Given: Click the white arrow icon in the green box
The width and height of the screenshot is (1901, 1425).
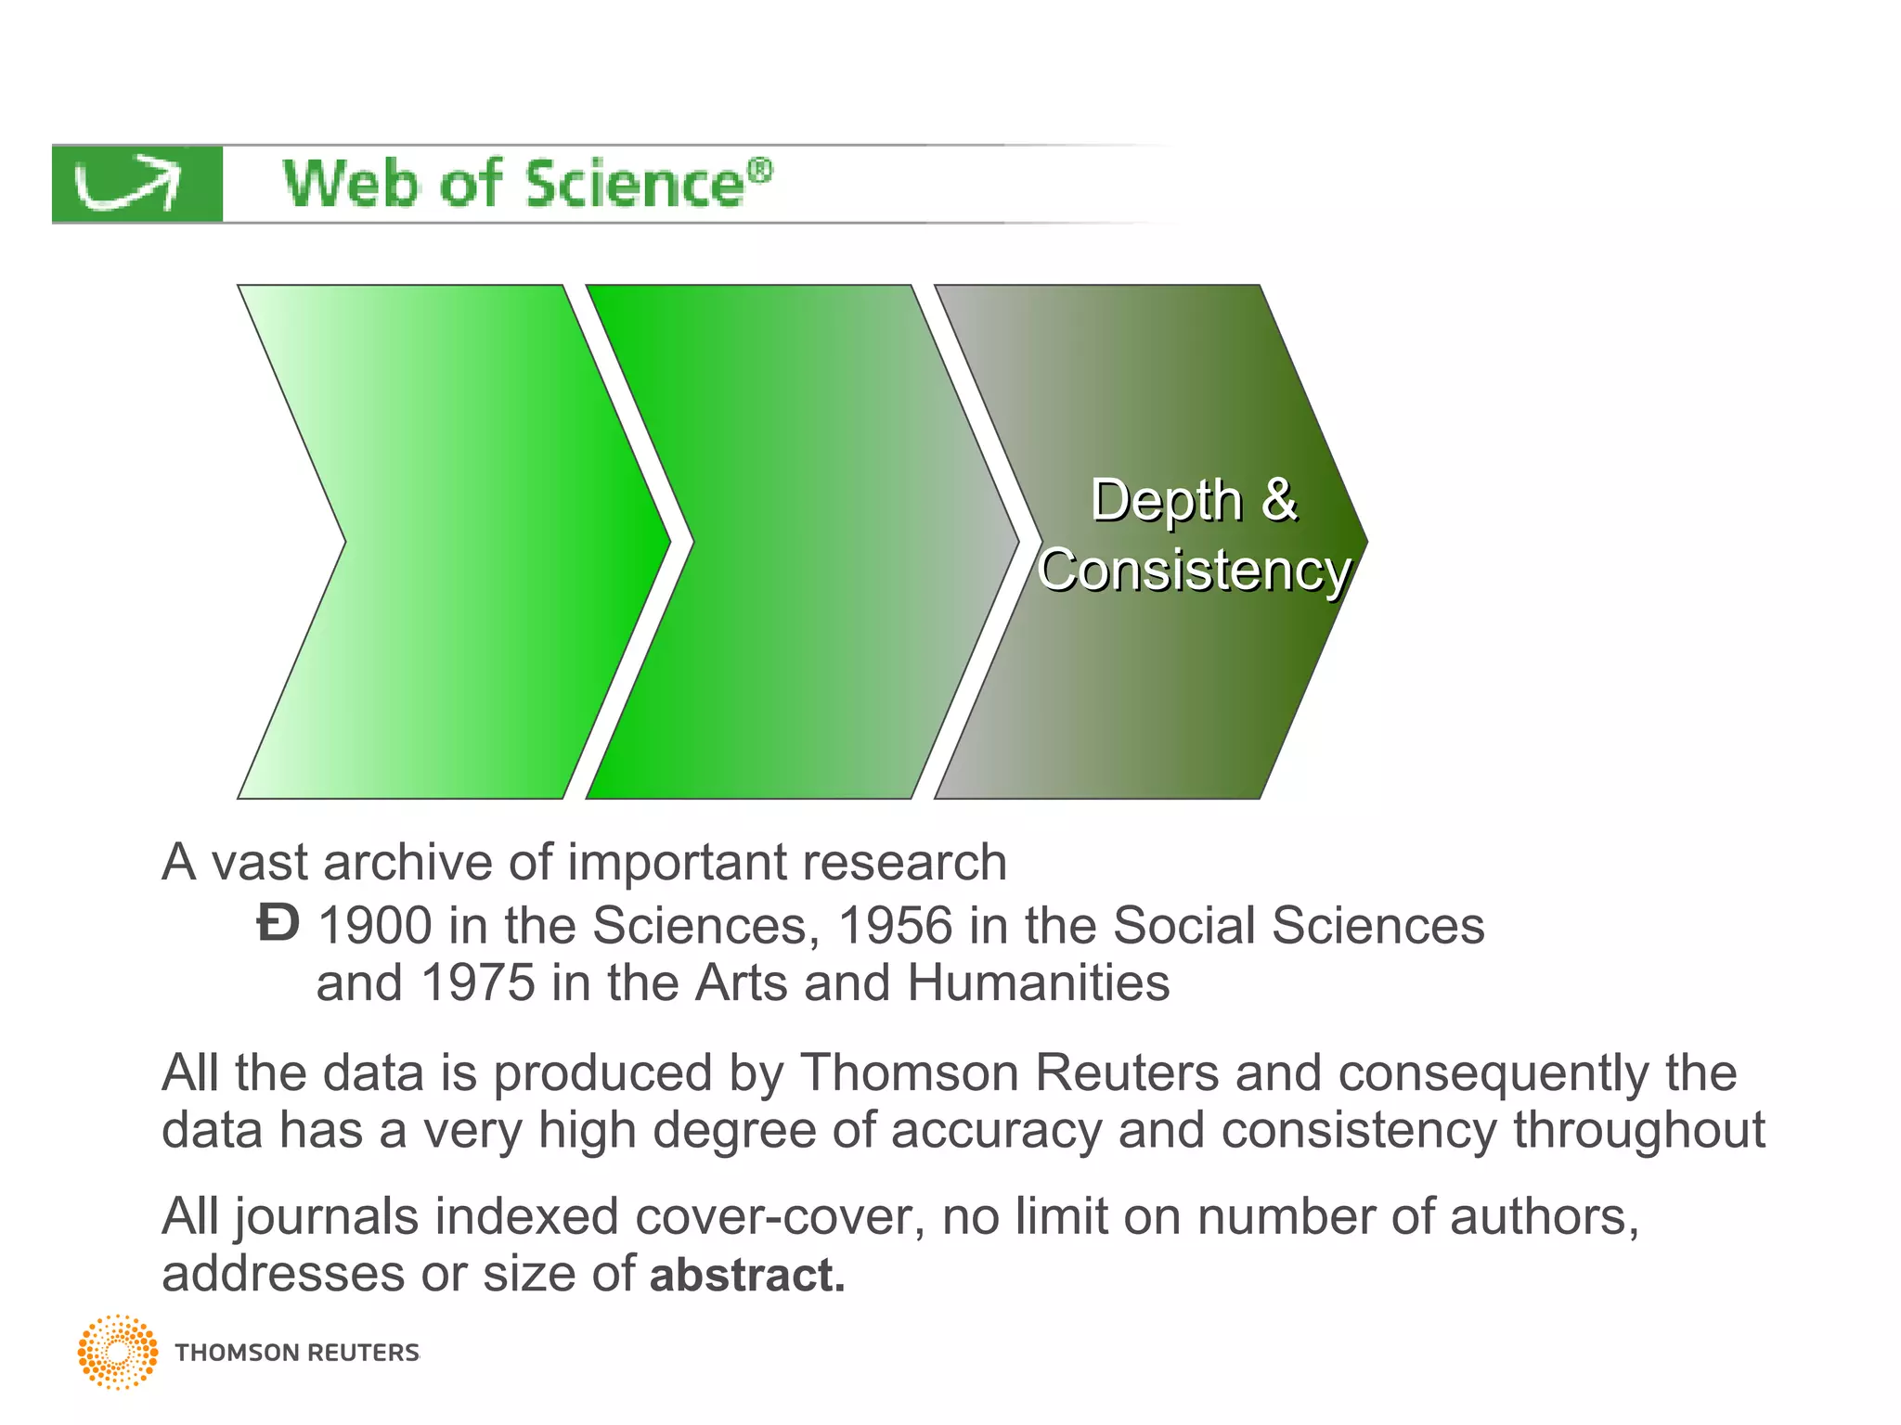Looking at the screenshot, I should pyautogui.click(x=128, y=185).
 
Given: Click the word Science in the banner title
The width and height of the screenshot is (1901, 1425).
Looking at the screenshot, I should pyautogui.click(x=635, y=184).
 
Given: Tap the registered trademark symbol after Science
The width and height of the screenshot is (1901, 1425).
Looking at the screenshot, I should pyautogui.click(x=760, y=171).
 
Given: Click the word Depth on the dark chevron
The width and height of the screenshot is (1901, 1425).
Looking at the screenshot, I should pyautogui.click(x=1166, y=501).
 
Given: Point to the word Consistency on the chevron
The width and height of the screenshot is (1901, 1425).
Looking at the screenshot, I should pyautogui.click(x=1194, y=570).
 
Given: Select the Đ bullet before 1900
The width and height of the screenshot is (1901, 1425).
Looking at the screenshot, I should pyautogui.click(x=278, y=924).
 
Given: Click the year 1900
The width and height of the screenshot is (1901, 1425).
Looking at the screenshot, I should pyautogui.click(x=375, y=926).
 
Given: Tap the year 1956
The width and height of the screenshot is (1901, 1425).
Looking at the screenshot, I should pyautogui.click(x=895, y=926).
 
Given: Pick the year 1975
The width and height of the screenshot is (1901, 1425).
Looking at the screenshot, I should pyautogui.click(x=477, y=982).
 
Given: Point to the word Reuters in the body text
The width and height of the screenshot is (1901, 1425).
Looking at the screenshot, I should pyautogui.click(x=1126, y=1073).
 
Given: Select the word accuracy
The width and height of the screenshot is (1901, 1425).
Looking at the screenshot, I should pyautogui.click(x=996, y=1131).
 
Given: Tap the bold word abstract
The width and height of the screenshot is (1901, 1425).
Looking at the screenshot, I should pyautogui.click(x=746, y=1275).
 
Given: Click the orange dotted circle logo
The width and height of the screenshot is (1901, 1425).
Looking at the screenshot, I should pyautogui.click(x=118, y=1352).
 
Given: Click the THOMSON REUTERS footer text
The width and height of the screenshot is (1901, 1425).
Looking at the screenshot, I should pyautogui.click(x=297, y=1353).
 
